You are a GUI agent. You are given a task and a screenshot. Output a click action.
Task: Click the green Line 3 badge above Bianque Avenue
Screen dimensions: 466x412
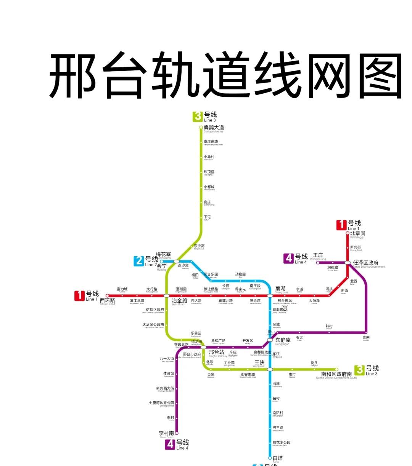[198, 116]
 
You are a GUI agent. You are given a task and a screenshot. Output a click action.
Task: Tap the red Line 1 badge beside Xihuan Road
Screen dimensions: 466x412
[79, 295]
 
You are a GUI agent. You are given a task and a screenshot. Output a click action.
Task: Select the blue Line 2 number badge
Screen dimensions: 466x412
[139, 261]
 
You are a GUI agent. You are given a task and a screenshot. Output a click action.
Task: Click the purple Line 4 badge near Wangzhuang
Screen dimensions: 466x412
[289, 258]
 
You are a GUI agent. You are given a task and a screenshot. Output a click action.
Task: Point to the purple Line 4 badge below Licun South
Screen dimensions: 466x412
[170, 444]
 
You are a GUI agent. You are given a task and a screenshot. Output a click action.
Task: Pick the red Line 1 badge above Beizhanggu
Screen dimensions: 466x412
[341, 225]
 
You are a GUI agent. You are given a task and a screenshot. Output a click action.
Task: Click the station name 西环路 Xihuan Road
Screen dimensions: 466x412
[107, 301]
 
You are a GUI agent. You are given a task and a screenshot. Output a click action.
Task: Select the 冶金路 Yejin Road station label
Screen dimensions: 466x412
[179, 301]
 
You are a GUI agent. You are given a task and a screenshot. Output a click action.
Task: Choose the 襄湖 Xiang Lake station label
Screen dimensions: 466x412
[280, 289]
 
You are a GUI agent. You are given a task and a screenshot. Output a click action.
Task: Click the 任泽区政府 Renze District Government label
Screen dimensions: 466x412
[365, 263]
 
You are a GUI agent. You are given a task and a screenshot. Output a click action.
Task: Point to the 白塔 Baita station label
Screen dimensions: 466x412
[278, 458]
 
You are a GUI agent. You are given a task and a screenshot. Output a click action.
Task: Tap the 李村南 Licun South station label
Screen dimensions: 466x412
[166, 434]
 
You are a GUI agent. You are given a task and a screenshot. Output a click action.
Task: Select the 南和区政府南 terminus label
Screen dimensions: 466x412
[336, 375]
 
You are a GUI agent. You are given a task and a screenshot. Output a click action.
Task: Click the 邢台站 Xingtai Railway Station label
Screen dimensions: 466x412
[216, 353]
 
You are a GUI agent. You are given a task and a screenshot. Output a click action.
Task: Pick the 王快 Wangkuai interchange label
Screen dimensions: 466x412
[259, 363]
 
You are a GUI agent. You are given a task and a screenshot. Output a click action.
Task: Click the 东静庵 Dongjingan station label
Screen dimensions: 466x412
[283, 340]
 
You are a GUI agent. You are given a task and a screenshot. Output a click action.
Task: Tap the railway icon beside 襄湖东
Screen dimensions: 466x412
[285, 308]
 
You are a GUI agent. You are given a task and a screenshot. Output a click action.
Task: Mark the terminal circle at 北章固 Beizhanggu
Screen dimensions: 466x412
[348, 233]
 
